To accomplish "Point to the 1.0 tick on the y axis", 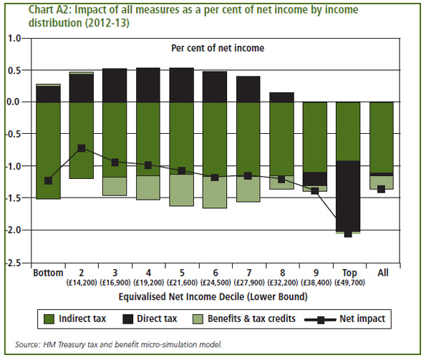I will (x=15, y=38).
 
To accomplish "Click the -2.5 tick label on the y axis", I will (x=14, y=263).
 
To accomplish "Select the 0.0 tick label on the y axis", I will (x=15, y=102).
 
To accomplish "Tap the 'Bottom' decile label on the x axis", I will (x=48, y=273).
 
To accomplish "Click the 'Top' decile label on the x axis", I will (x=348, y=273).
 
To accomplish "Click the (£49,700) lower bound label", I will (x=348, y=283).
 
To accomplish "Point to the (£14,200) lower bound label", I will (x=81, y=283).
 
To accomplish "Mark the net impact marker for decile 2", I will (x=82, y=148).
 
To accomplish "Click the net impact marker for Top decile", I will (x=348, y=233).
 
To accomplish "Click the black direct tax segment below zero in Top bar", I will (x=348, y=196).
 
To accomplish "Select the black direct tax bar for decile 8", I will (x=281, y=97).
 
